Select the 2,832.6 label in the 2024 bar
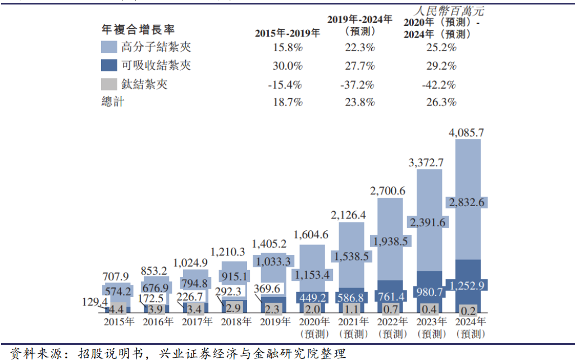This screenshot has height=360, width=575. click(x=467, y=202)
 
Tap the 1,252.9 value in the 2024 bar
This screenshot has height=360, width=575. click(x=467, y=285)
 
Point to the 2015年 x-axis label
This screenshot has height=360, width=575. click(x=118, y=322)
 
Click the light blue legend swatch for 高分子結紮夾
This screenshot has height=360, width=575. click(x=109, y=47)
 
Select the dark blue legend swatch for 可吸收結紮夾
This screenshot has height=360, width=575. click(x=109, y=65)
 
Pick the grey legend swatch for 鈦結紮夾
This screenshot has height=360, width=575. click(x=109, y=84)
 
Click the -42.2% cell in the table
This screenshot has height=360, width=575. click(x=438, y=85)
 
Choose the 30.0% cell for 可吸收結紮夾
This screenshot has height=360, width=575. click(x=287, y=66)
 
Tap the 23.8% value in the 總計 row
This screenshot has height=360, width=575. click(x=359, y=102)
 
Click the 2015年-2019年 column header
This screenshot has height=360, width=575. click(x=287, y=33)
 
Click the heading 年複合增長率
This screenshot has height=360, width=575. click(x=137, y=29)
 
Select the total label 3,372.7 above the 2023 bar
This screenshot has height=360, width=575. click(x=425, y=163)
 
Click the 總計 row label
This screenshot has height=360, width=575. click(x=112, y=102)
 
